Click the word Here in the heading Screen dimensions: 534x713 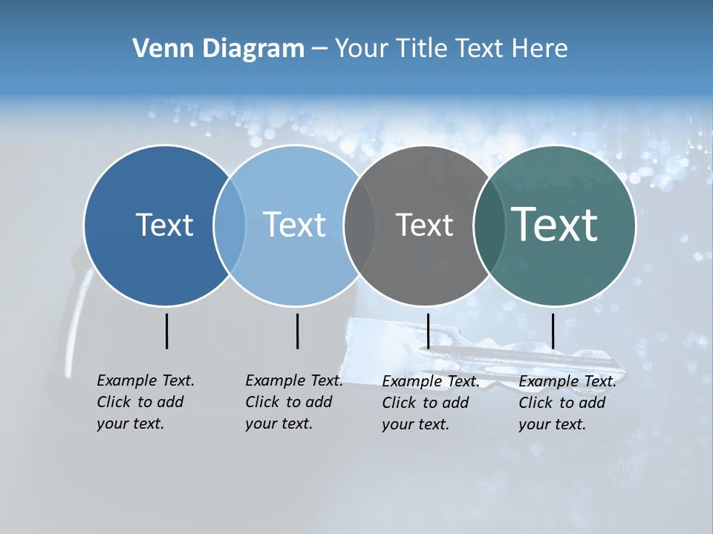540,48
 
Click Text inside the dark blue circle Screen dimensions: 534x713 164,225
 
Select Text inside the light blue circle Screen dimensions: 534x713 295,225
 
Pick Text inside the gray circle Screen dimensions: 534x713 424,225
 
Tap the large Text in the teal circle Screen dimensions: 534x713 555,225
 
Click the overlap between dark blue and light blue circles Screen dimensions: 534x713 229,225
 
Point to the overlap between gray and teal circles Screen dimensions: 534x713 489,225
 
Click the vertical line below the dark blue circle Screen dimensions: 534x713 166,331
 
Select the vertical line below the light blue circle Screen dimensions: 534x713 297,331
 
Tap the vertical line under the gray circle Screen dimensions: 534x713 428,331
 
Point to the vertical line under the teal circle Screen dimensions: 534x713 553,331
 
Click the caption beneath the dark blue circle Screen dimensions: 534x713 146,402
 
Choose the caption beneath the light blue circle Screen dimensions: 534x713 294,402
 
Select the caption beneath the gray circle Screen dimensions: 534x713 431,403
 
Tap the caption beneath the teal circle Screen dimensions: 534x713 567,403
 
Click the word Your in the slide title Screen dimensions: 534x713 362,48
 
